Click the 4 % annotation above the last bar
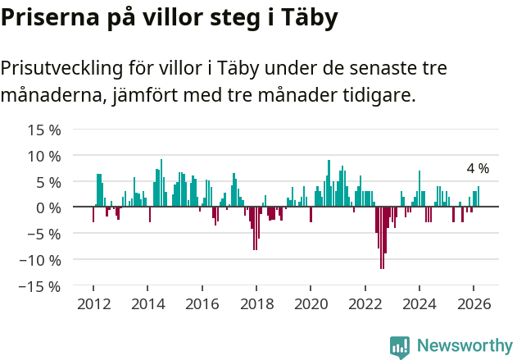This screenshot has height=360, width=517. [478, 168]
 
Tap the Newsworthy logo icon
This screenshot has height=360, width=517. [400, 347]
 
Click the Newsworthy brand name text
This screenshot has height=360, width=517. [464, 347]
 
